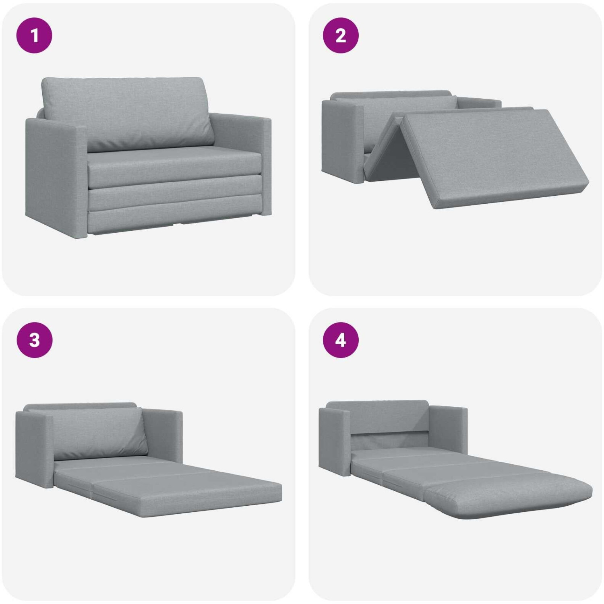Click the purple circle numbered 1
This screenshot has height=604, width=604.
34,35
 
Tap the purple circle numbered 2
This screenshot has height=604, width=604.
341,35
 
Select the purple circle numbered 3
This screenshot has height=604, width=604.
34,340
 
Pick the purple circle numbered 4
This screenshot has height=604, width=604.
341,340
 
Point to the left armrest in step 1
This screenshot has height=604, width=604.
56,177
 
